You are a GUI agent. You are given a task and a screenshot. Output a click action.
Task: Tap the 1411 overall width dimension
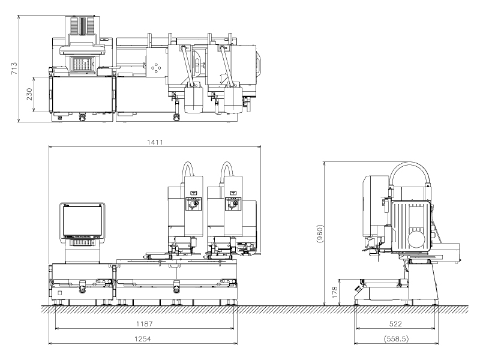155,142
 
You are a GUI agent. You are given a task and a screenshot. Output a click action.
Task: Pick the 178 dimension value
336,292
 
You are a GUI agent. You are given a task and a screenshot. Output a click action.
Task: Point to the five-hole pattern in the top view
157,68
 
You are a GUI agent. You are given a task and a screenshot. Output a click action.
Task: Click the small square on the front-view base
60,293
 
